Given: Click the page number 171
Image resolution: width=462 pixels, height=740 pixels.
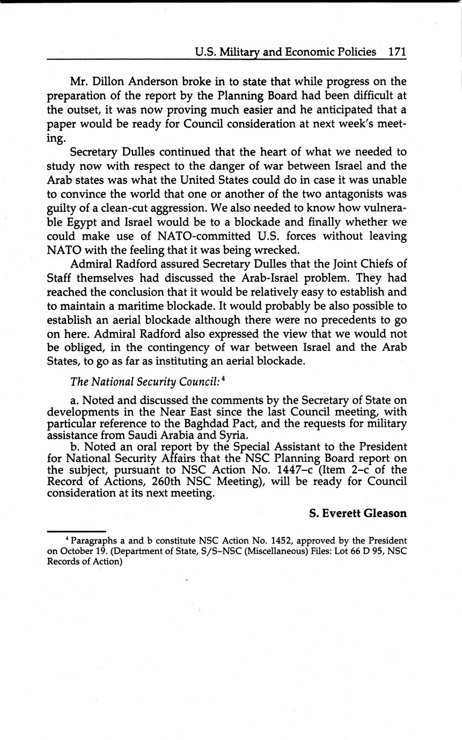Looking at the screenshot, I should [397, 51].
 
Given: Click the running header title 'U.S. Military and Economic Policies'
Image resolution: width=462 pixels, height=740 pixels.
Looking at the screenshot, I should [285, 51].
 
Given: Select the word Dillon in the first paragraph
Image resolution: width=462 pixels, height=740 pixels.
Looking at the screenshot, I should [112, 82].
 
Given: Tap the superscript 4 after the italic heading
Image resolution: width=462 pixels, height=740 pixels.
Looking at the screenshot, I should [222, 379].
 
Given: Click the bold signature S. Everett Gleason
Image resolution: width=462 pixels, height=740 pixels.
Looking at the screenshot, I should [357, 513].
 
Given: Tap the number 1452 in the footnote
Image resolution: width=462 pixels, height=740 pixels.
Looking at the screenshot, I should [282, 541].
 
